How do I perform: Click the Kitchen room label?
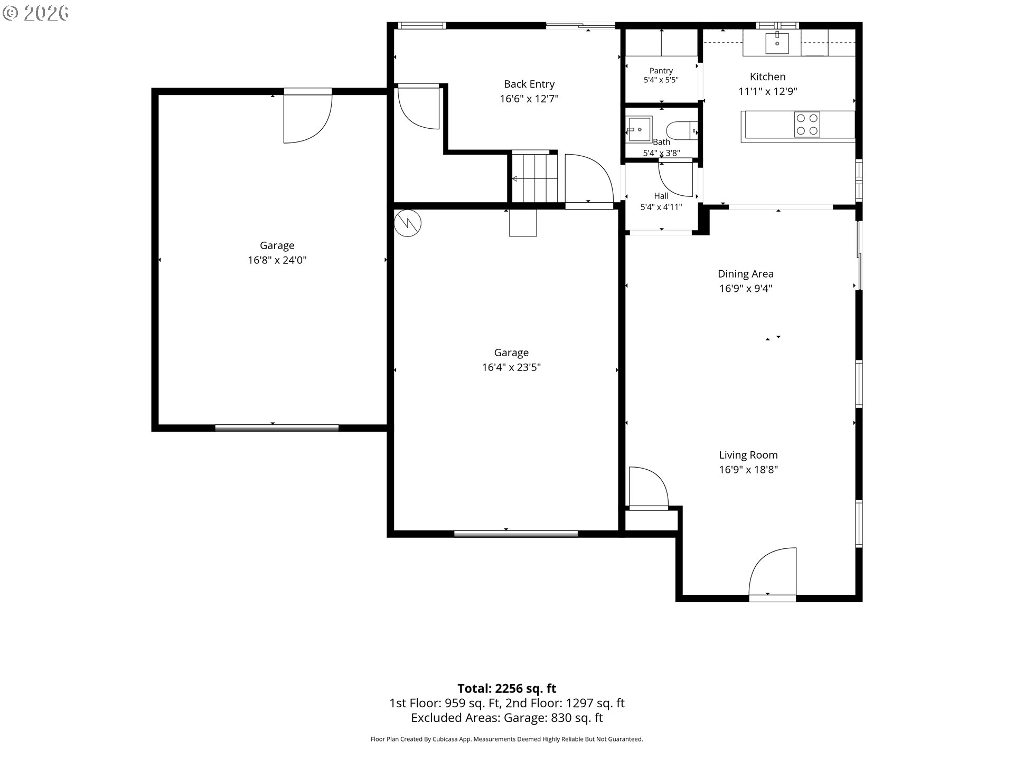click(x=767, y=77)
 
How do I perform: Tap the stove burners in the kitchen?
click(x=807, y=125)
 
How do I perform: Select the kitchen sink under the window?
click(x=777, y=42)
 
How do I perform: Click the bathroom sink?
click(x=639, y=129)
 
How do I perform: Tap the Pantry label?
click(x=661, y=71)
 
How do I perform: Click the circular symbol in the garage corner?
click(x=408, y=223)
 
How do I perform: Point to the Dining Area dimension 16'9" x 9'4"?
click(x=746, y=289)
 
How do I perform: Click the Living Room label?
click(x=748, y=455)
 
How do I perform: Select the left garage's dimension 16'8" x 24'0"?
click(x=277, y=260)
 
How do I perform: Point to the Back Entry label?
click(x=529, y=84)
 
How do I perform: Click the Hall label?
click(x=661, y=196)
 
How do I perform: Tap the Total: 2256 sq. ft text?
click(x=507, y=688)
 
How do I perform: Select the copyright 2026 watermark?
click(x=36, y=13)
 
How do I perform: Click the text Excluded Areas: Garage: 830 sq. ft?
click(x=507, y=718)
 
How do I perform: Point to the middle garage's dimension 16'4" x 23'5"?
click(x=511, y=367)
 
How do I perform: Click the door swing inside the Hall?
click(x=675, y=179)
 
